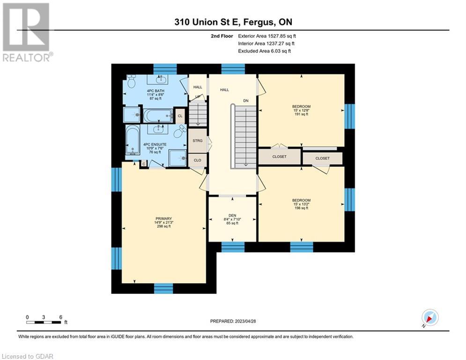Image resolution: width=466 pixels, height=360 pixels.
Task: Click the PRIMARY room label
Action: (163, 219)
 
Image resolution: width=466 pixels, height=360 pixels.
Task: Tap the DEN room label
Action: (232, 216)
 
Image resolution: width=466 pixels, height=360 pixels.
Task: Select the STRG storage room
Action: (197, 141)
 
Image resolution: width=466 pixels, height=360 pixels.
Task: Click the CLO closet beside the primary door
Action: (197, 160)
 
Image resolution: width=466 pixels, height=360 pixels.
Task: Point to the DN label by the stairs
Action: (246, 101)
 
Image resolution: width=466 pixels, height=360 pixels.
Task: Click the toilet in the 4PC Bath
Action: (131, 81)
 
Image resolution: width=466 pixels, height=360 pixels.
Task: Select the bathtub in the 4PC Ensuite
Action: (133, 140)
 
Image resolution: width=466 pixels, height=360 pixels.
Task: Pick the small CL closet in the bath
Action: (180, 116)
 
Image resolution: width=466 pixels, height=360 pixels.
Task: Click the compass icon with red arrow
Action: (430, 317)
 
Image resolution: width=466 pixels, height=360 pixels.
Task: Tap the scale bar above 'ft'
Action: (44, 322)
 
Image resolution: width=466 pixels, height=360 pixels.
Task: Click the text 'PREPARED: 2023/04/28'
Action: (233, 321)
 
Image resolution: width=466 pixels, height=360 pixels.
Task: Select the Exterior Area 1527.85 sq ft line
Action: (267, 36)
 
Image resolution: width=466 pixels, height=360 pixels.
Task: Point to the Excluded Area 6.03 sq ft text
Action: (265, 51)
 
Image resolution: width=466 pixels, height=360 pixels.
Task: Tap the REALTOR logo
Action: (28, 32)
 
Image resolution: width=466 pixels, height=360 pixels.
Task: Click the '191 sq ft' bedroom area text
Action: (301, 114)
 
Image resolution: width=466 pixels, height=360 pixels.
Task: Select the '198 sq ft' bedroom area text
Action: (301, 208)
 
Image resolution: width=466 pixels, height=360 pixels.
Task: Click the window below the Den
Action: (233, 247)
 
